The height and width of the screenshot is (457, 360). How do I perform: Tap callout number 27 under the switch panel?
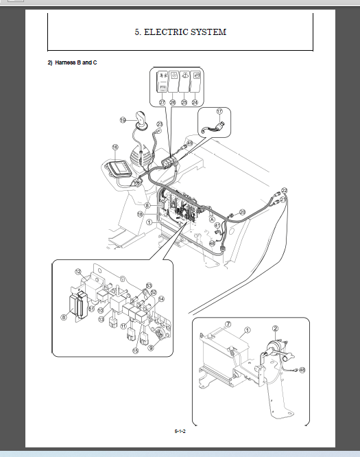tap(163, 102)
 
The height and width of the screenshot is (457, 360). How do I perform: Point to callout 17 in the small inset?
tap(219, 110)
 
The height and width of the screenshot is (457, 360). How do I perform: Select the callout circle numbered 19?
tap(123, 120)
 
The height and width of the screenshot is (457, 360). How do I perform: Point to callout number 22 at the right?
tap(285, 190)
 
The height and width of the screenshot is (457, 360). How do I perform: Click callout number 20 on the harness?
tap(242, 212)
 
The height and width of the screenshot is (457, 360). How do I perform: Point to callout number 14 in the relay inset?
tap(160, 298)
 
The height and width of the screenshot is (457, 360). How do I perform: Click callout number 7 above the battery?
tap(228, 324)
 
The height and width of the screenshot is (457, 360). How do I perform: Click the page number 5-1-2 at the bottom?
tap(180, 431)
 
